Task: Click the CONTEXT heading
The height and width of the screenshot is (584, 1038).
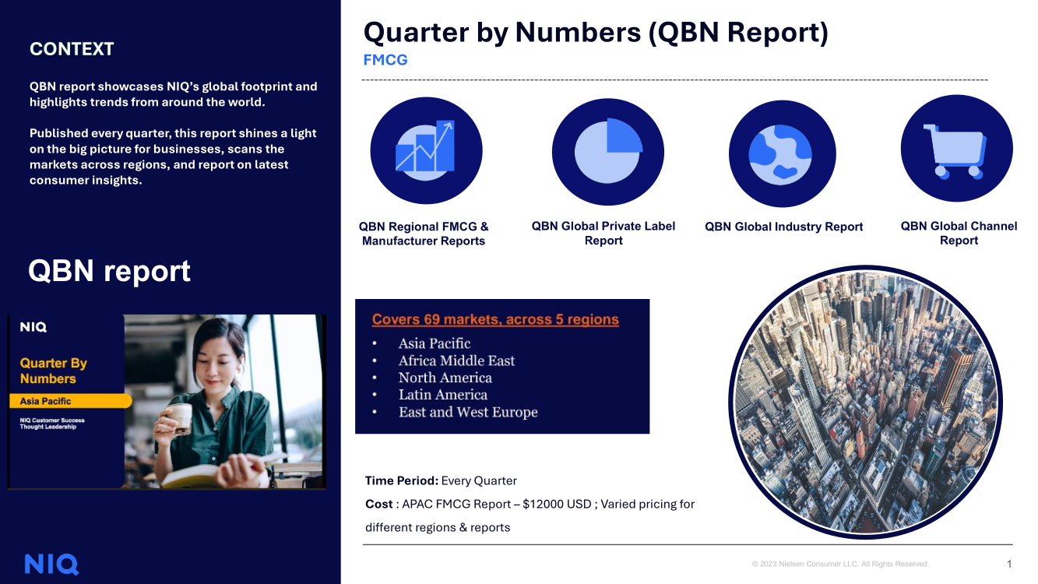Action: [x=72, y=49]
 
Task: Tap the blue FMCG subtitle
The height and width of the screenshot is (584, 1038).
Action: [x=385, y=60]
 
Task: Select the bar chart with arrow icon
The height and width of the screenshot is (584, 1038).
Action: [x=425, y=150]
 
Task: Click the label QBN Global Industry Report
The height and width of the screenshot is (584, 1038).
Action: [x=783, y=227]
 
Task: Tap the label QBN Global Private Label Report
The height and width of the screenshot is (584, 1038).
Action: [x=603, y=233]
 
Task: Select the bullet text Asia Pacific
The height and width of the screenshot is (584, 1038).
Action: [x=435, y=343]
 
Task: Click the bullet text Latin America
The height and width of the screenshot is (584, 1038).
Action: [x=443, y=395]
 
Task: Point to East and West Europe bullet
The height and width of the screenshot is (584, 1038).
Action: [x=468, y=412]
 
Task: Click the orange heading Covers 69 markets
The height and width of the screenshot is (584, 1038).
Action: [x=495, y=319]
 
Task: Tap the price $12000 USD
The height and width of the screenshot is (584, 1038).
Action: [x=557, y=505]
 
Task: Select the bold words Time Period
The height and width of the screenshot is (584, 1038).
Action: [x=401, y=480]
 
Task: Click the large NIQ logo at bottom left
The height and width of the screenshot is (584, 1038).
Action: [x=51, y=564]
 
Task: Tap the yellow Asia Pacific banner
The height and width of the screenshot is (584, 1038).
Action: [x=70, y=401]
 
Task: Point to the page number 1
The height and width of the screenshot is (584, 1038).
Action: [x=1009, y=564]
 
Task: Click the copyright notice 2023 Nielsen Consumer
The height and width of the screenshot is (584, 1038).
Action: [x=840, y=564]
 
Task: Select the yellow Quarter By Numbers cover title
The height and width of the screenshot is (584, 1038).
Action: [x=53, y=371]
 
